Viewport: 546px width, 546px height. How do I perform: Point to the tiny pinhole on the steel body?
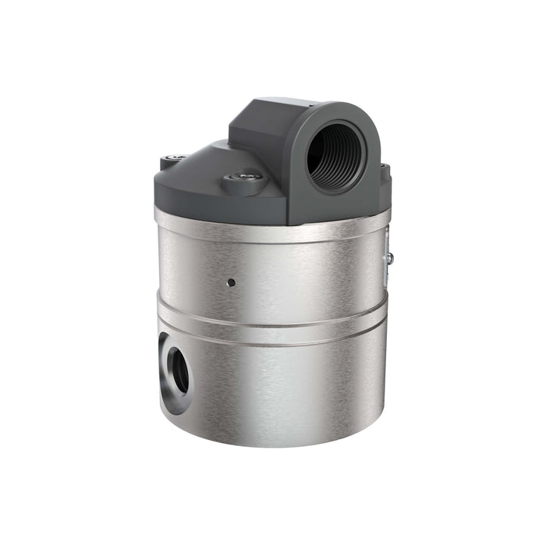tap(230, 282)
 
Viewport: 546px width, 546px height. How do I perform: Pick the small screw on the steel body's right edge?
tap(389, 257)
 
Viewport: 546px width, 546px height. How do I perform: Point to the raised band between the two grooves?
tap(273, 324)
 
